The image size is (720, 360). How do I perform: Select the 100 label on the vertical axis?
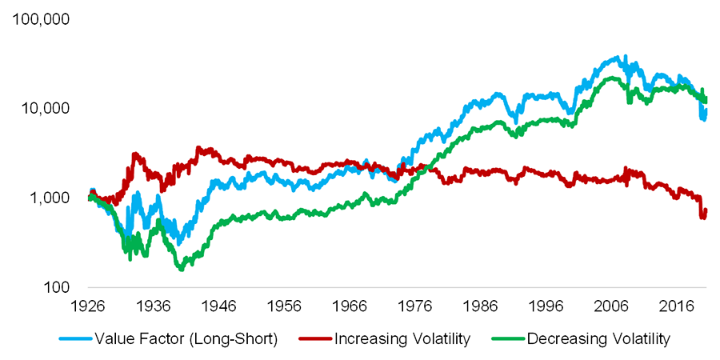[x=54, y=287]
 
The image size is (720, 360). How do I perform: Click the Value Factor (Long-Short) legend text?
[x=186, y=339]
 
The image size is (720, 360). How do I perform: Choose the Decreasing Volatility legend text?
[x=598, y=339]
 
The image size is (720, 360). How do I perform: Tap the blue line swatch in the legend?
[x=76, y=339]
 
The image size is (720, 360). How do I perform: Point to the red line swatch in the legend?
[x=314, y=339]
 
